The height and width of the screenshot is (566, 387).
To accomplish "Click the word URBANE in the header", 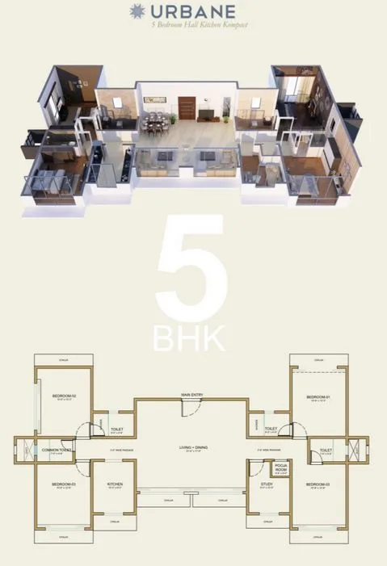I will tap(203, 10).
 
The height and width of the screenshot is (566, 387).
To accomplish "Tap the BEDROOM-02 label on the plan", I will tap(64, 396).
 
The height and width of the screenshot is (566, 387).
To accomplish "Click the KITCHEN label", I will tap(114, 484).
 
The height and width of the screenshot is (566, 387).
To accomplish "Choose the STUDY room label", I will tap(267, 484).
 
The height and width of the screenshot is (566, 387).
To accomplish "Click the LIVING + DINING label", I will tap(193, 447).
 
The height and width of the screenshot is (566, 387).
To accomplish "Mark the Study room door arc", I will tap(258, 467).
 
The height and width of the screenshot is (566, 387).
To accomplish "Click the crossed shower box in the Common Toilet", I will tap(26, 451).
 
